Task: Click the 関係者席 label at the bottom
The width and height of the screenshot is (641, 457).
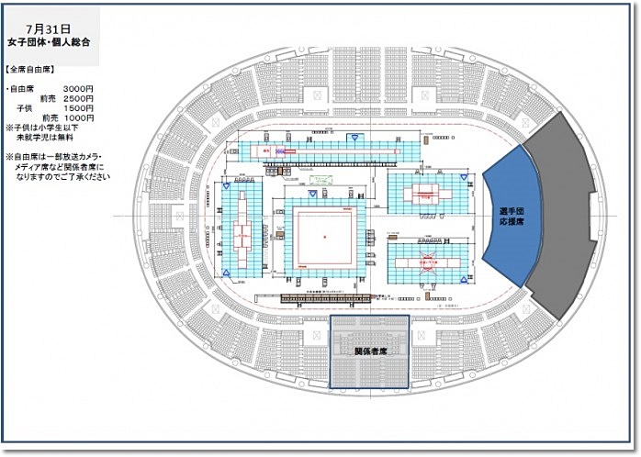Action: [x=369, y=351]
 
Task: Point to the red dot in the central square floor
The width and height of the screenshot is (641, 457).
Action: [x=325, y=239]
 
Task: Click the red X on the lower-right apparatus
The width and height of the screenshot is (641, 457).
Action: [x=427, y=261]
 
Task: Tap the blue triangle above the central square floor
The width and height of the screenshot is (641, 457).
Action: [x=312, y=195]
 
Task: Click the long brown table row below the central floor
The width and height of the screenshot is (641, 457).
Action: [x=326, y=297]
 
